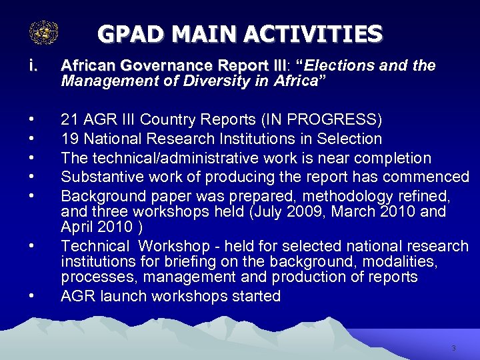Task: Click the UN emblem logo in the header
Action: point(44,33)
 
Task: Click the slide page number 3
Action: point(453,348)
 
